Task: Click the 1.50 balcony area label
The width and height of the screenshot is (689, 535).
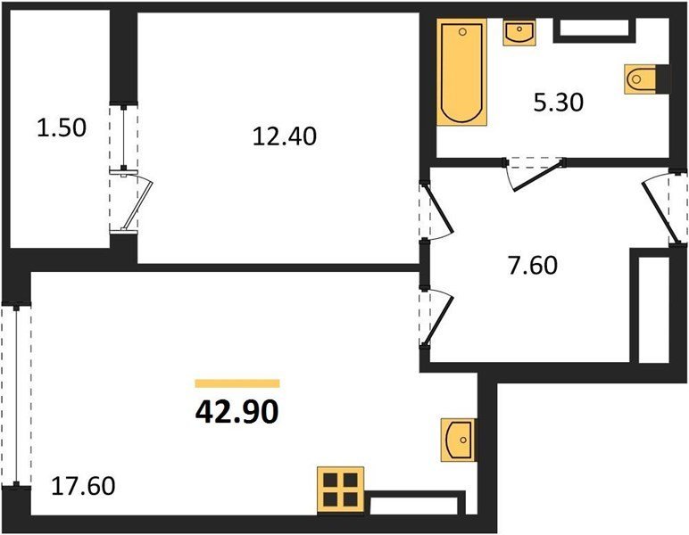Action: tap(62, 128)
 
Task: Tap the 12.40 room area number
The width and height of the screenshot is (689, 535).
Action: tap(285, 136)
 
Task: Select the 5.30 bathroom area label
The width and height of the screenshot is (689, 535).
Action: tap(558, 103)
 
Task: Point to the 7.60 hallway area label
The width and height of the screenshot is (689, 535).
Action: tap(533, 266)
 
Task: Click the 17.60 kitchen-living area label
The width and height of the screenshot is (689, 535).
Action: tap(84, 486)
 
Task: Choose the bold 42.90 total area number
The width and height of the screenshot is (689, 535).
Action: tap(237, 412)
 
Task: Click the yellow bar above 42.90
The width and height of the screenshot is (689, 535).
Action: tap(237, 383)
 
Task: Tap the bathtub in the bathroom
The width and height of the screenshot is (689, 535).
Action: tap(461, 72)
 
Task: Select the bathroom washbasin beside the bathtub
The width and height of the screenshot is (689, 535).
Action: tap(519, 32)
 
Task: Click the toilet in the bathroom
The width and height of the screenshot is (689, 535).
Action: tap(640, 79)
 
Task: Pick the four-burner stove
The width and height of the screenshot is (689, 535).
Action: tap(341, 490)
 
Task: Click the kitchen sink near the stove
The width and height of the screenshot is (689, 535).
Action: tap(458, 440)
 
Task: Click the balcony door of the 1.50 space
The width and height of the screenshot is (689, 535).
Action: tap(131, 200)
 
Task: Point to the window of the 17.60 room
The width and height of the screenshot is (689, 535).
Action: tap(16, 395)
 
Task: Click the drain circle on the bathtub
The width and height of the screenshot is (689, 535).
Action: tap(461, 31)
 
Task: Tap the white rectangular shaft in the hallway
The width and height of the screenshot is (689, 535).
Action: tap(653, 310)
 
